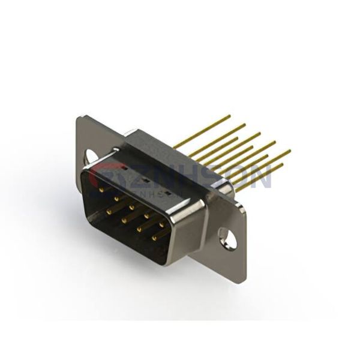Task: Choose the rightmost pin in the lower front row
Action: (155, 238)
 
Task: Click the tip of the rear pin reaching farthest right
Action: (290, 151)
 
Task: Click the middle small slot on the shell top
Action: (145, 181)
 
